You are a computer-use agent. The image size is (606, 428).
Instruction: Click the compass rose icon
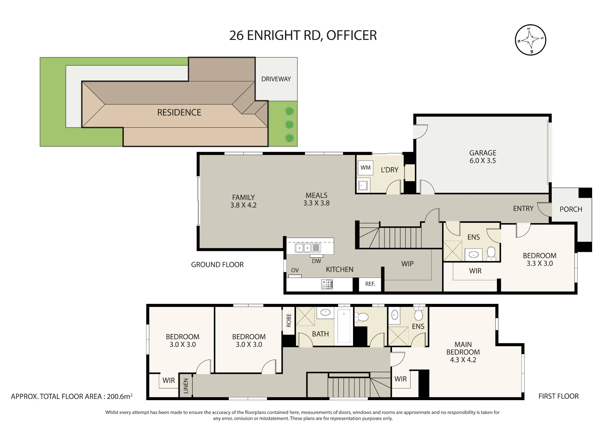pos(530,40)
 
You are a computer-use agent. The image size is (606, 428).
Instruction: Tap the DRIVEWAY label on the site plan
pos(276,79)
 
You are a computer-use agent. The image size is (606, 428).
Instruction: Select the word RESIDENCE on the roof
pos(179,113)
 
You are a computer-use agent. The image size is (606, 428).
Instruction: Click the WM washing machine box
pos(365,168)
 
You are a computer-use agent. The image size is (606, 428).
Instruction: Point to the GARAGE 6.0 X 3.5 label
pos(483,157)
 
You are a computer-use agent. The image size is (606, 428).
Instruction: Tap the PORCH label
pos(571,209)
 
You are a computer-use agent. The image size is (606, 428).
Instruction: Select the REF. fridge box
pos(370,284)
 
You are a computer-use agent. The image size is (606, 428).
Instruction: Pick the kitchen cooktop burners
pos(327,284)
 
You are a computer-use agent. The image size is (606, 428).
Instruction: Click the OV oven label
pos(295,270)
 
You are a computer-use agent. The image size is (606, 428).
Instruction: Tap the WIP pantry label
pos(407,264)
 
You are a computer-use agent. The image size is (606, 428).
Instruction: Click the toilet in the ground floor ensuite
pos(491,254)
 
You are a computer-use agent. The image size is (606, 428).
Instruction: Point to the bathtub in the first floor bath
pos(344,326)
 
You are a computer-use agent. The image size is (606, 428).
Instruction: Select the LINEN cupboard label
pos(186,386)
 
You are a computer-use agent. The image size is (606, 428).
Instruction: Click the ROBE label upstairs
pos(288,320)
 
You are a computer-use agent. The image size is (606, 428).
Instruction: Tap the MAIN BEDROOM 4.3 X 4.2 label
pos(463,352)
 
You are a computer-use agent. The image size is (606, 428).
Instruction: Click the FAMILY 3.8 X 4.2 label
pos(243,201)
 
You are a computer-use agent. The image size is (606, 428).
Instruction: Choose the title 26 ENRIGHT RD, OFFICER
pos(303,35)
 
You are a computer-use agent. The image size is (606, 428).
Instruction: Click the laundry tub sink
pos(363,185)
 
